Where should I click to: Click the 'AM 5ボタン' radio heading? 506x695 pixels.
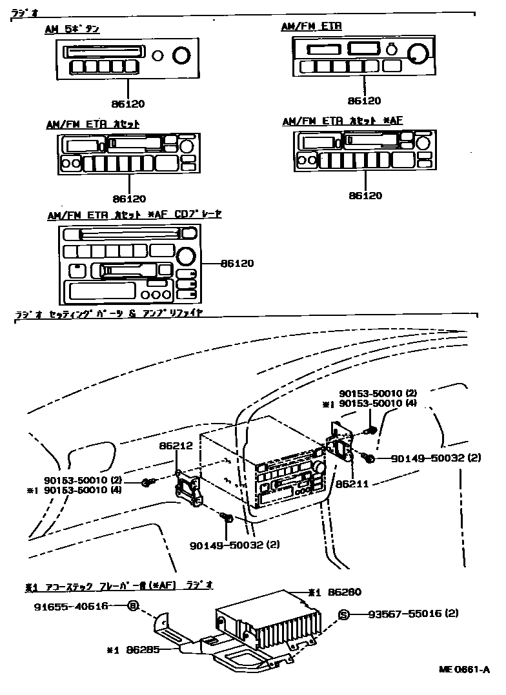click(x=72, y=29)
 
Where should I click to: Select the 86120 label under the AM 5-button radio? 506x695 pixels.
click(x=129, y=103)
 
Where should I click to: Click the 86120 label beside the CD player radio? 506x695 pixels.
click(x=237, y=263)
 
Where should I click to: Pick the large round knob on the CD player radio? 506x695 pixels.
click(x=187, y=255)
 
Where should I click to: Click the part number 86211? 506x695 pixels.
click(x=351, y=482)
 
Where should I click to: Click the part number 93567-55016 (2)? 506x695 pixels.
click(x=413, y=614)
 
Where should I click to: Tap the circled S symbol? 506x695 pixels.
click(x=344, y=614)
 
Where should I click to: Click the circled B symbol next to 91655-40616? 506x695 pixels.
click(x=133, y=606)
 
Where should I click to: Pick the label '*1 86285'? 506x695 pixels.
click(x=134, y=649)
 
